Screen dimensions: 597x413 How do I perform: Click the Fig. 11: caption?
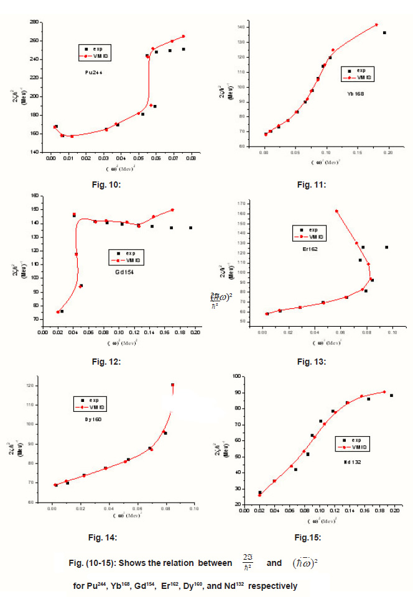312,185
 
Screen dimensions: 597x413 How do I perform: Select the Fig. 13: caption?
312,361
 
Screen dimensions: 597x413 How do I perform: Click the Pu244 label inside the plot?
95,72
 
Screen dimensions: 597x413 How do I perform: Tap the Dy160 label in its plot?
93,420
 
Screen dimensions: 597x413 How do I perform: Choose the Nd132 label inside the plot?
353,462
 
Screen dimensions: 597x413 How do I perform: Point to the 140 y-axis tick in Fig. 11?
239,27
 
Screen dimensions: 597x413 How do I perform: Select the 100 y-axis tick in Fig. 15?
237,376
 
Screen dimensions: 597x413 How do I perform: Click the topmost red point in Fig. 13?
336,211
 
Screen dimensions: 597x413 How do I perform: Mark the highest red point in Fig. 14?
172,385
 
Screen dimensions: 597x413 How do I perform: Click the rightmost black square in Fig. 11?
384,33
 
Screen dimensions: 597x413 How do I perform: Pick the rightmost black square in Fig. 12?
190,228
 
